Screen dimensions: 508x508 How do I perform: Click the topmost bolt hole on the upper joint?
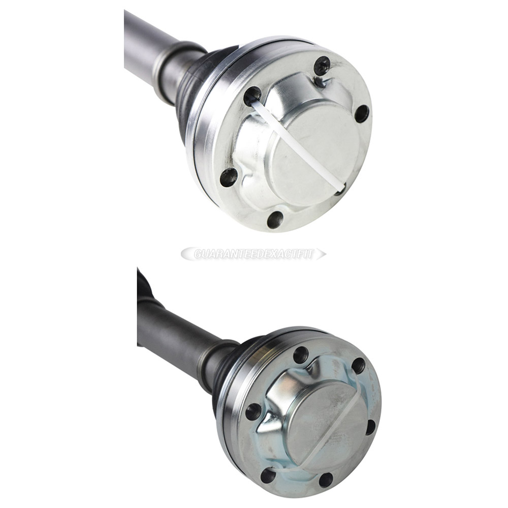[x=322, y=65]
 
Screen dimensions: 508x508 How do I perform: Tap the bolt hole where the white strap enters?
[x=252, y=95]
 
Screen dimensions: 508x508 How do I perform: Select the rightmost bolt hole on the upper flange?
[x=362, y=113]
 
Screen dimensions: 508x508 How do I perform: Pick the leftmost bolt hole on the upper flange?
[x=229, y=177]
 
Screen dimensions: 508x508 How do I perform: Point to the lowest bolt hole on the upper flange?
[x=275, y=219]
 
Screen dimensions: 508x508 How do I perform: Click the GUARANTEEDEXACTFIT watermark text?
[x=253, y=253]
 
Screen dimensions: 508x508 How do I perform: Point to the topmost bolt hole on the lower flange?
[x=301, y=355]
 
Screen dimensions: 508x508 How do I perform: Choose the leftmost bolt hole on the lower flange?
[x=253, y=411]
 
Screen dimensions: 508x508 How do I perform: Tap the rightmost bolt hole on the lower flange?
[x=371, y=427]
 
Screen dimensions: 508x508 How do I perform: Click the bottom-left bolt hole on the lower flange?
[x=268, y=475]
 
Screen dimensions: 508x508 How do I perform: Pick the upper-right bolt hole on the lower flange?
[x=358, y=366]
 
